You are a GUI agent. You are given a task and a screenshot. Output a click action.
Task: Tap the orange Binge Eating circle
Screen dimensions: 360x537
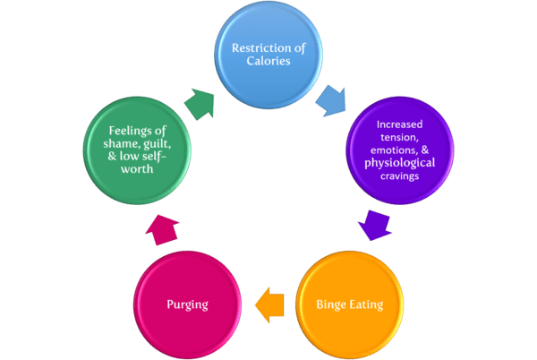[x=349, y=304]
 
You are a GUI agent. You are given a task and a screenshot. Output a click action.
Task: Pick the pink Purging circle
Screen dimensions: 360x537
[x=187, y=304]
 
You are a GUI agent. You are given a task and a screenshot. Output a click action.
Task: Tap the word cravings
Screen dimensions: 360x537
[x=399, y=177]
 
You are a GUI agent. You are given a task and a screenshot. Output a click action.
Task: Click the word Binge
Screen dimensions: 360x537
[x=331, y=304]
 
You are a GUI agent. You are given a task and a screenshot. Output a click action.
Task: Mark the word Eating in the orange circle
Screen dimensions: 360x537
[x=366, y=304]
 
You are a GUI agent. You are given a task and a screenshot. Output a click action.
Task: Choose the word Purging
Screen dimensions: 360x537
[x=187, y=304]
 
